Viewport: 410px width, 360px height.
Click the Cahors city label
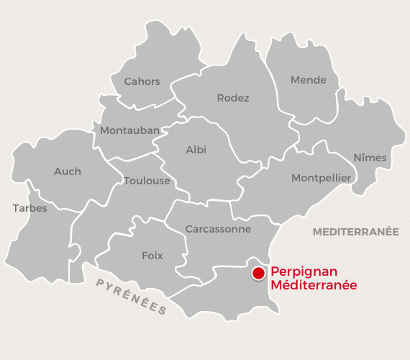pos(142,81)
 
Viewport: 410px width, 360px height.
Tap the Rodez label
pos(233,98)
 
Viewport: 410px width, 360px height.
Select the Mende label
pos(309,80)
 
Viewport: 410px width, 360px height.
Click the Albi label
pos(196,150)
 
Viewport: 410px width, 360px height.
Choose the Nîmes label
pos(370,158)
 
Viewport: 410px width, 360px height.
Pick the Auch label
pos(68,171)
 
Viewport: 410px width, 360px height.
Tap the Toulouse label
pos(147,181)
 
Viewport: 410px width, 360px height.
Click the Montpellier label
pos(321,177)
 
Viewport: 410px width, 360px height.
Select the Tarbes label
pos(29,208)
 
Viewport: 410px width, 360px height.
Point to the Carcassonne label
pos(218,229)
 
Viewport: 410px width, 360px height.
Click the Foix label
pos(152,256)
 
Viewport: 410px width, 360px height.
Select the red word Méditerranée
pos(314,285)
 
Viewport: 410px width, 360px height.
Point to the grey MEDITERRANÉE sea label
pos(355,232)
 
